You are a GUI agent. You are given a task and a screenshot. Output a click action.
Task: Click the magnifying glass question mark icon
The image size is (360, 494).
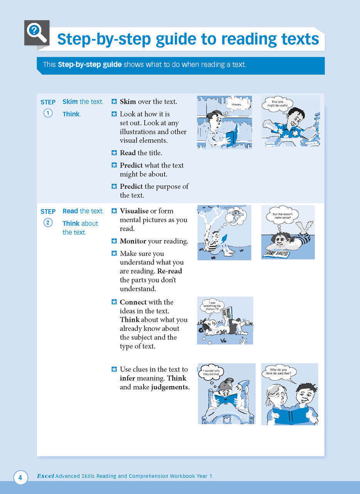click(x=36, y=32)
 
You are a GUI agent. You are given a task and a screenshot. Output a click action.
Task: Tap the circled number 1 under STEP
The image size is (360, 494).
click(x=48, y=113)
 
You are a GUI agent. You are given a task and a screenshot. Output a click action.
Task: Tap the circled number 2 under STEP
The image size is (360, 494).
click(x=48, y=223)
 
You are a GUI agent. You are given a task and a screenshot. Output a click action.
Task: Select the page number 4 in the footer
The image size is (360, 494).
click(x=20, y=478)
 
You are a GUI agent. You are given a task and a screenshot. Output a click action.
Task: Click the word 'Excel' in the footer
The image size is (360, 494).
click(x=45, y=476)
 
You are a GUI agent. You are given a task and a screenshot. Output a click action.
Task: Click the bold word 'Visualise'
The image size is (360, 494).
click(x=134, y=211)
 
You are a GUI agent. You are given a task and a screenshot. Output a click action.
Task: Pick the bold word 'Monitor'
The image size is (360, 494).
click(x=133, y=242)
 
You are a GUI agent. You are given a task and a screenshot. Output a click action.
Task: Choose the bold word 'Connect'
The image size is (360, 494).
click(x=133, y=302)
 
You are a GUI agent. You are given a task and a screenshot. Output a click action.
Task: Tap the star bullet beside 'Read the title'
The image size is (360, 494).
click(x=114, y=153)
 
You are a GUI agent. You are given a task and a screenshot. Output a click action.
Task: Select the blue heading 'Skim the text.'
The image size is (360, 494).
click(x=83, y=102)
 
